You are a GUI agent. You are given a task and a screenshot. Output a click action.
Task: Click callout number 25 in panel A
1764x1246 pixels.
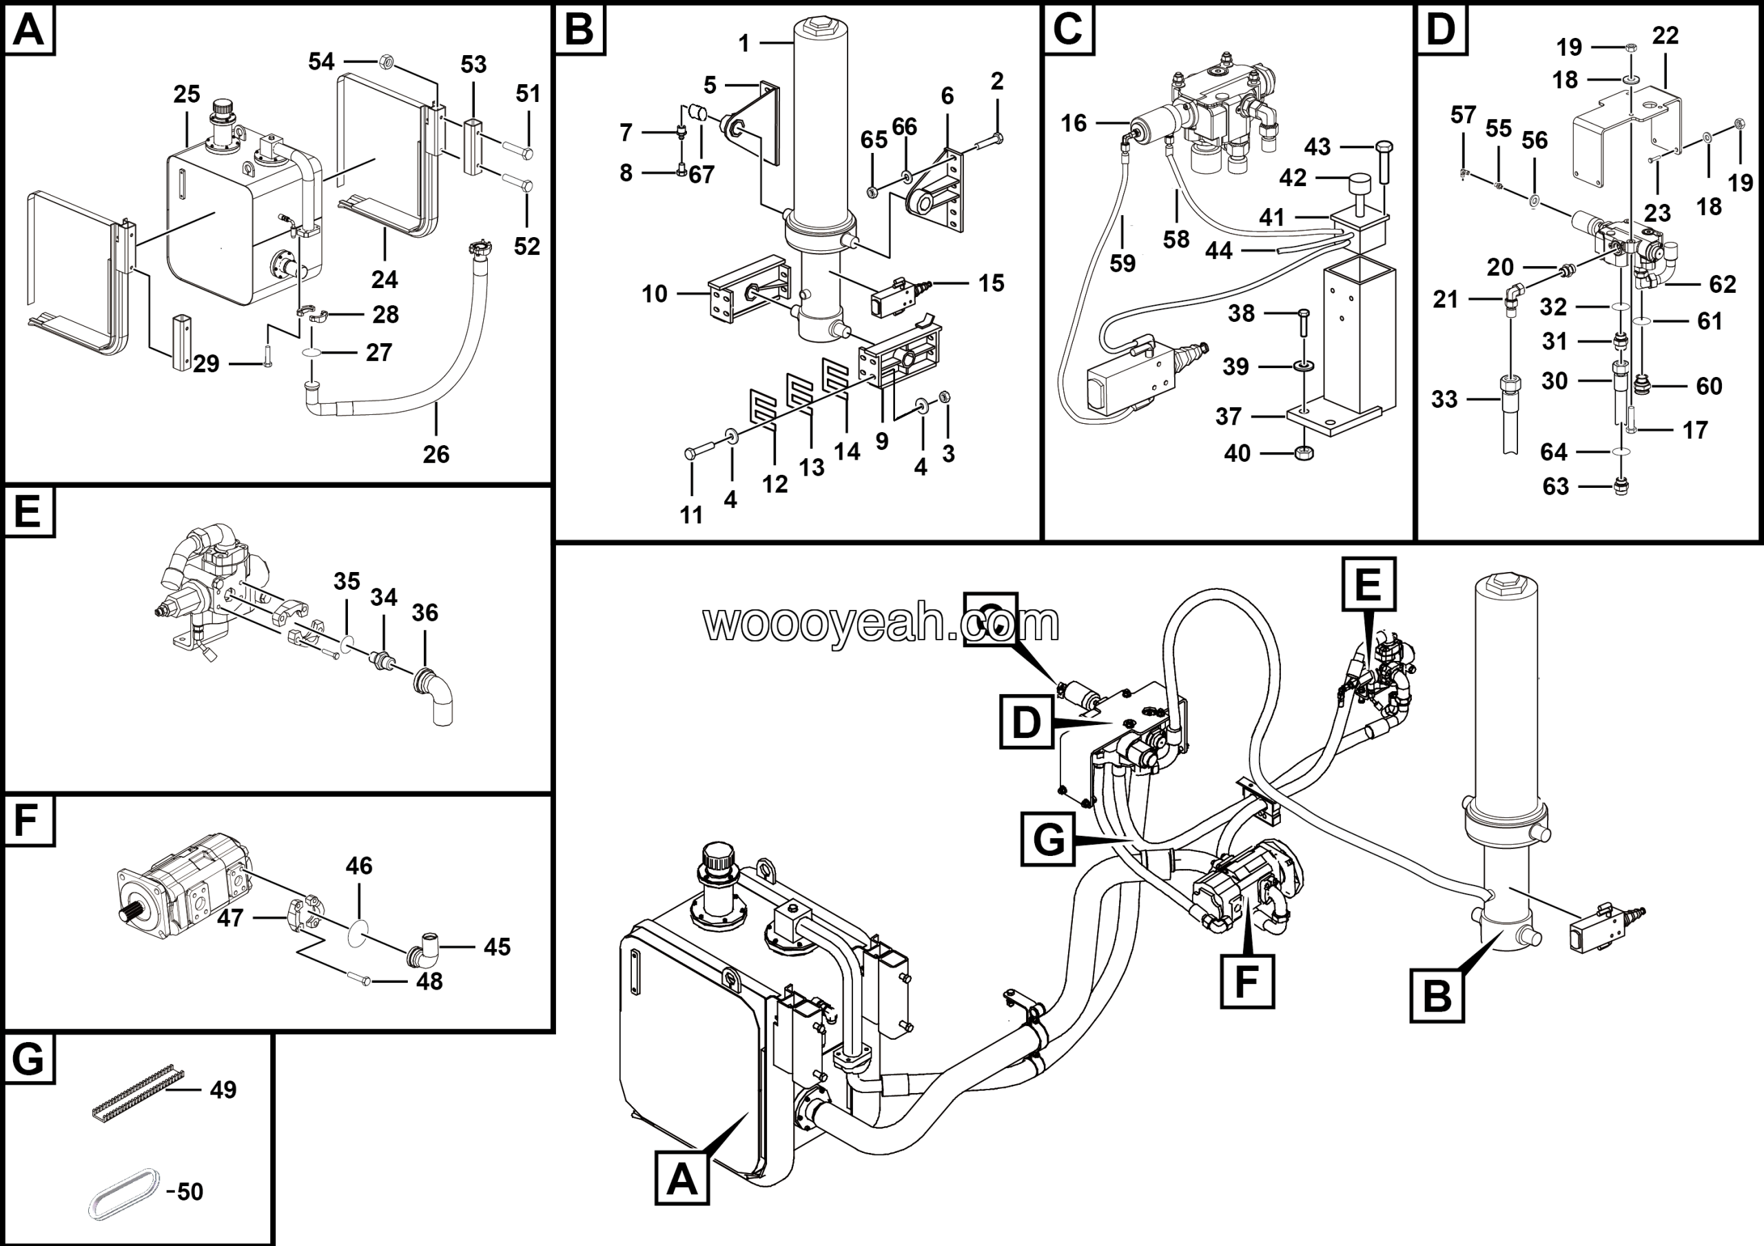point(187,94)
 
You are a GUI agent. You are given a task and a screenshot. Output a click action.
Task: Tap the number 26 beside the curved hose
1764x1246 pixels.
point(435,454)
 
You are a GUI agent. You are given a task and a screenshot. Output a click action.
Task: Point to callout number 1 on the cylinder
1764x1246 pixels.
point(743,44)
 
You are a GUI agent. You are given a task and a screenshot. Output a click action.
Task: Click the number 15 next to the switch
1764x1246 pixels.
point(991,283)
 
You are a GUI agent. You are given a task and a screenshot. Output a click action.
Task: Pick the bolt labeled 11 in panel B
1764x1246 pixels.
point(690,454)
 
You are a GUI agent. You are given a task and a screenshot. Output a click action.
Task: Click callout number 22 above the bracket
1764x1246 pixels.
point(1665,36)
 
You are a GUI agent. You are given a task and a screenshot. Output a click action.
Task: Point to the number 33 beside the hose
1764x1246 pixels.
point(1444,400)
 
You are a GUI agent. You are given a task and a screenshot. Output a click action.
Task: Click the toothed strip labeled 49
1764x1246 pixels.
point(139,1092)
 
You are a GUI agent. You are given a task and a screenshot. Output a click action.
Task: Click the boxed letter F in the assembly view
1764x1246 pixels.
point(1247,981)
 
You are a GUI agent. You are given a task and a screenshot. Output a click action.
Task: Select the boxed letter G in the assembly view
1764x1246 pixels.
point(1048,839)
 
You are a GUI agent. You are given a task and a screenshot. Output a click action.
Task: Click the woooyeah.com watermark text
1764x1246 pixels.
point(881,623)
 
